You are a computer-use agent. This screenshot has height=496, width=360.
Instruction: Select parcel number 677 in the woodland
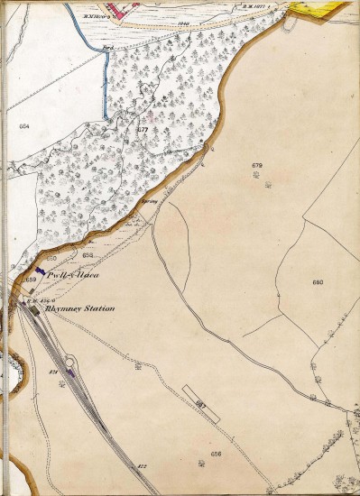[x=143, y=131]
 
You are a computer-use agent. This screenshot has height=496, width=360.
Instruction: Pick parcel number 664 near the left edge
[x=23, y=127]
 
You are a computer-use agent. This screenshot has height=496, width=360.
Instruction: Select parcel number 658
[x=88, y=256]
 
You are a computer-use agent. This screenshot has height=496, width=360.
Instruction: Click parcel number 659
[x=31, y=280]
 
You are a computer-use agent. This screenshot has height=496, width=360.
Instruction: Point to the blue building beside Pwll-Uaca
[x=40, y=269]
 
